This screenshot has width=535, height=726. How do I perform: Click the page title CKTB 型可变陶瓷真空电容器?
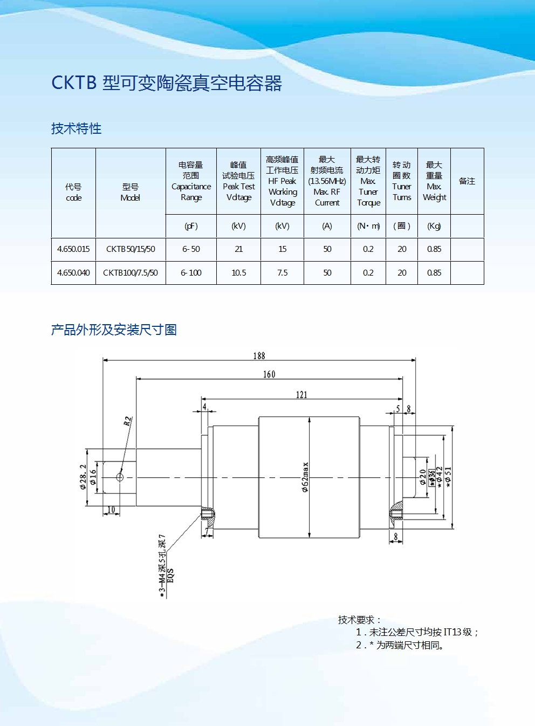167,83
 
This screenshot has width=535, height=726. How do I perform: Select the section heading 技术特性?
76,128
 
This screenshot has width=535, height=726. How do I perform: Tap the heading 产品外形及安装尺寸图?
114,330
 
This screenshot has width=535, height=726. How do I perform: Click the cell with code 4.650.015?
73,249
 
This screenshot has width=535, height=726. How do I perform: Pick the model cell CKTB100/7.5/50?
131,272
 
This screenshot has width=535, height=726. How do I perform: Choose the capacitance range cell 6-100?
191,272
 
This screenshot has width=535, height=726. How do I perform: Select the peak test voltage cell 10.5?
238,272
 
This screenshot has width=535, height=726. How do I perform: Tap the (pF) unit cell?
191,226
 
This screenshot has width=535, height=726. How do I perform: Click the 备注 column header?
467,181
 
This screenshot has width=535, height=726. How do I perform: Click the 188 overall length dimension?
259,356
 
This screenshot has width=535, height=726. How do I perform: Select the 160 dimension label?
269,374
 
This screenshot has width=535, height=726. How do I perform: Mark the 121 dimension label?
301,395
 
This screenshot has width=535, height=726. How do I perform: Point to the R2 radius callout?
128,421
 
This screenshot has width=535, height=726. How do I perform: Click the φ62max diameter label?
305,477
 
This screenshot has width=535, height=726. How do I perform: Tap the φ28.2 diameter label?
83,477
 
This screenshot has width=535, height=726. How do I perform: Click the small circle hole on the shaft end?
120,477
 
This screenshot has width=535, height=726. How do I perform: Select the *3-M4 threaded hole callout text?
166,566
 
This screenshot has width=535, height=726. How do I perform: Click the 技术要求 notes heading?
359,620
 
